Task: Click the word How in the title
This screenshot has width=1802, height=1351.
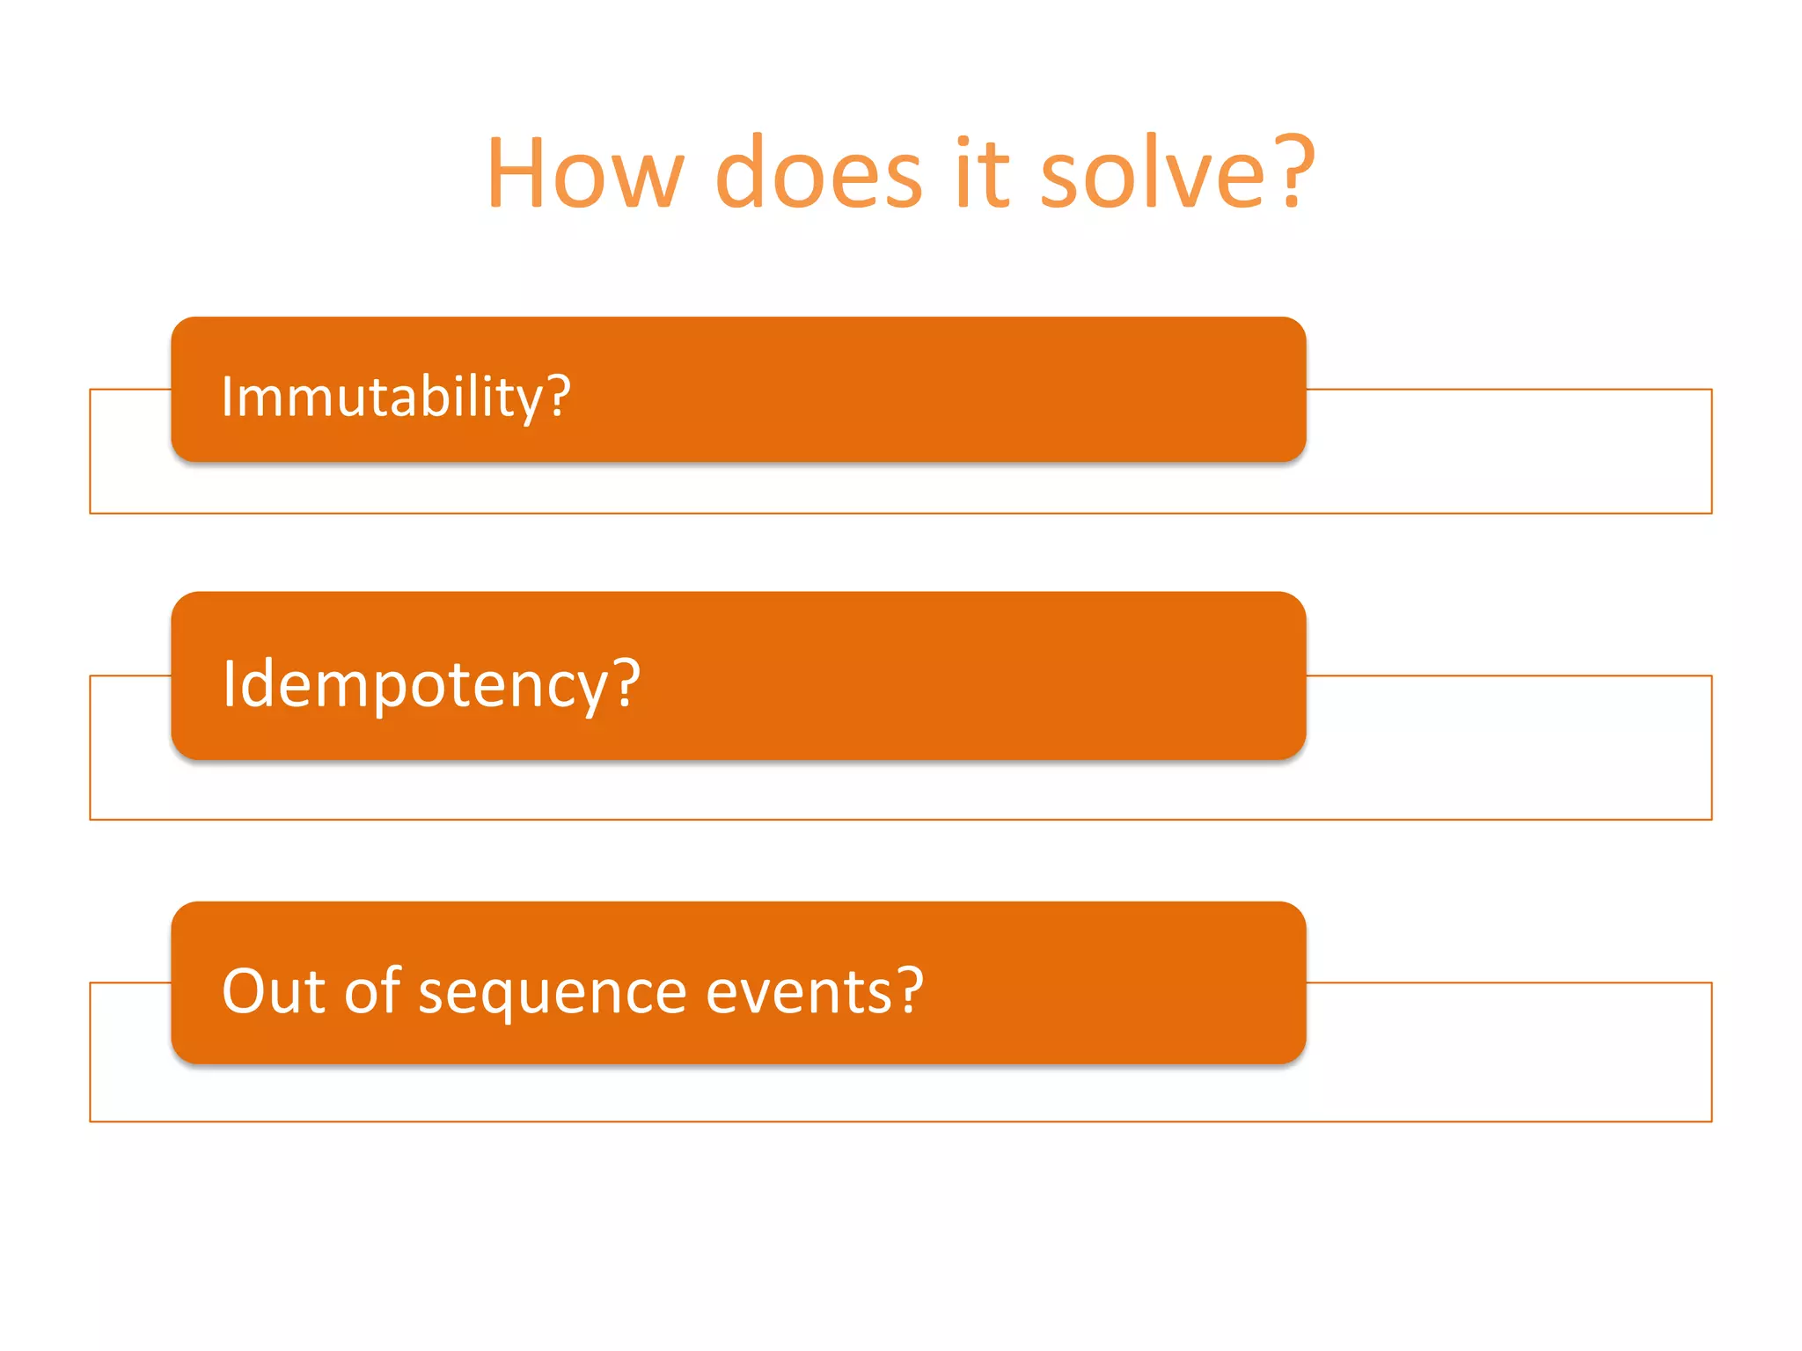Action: (585, 173)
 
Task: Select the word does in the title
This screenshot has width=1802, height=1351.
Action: (818, 173)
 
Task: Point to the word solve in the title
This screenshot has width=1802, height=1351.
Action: (1153, 173)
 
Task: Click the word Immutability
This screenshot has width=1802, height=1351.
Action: (384, 397)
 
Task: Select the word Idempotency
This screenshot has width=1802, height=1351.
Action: (414, 684)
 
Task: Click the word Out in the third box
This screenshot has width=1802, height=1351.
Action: (274, 991)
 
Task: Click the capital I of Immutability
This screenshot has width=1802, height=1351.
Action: (227, 397)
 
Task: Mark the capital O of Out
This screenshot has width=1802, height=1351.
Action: (244, 992)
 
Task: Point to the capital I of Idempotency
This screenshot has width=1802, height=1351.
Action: (229, 683)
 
